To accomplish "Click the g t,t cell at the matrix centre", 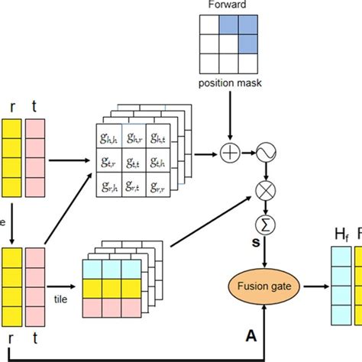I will (x=134, y=161).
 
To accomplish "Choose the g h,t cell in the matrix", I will (x=159, y=138).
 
